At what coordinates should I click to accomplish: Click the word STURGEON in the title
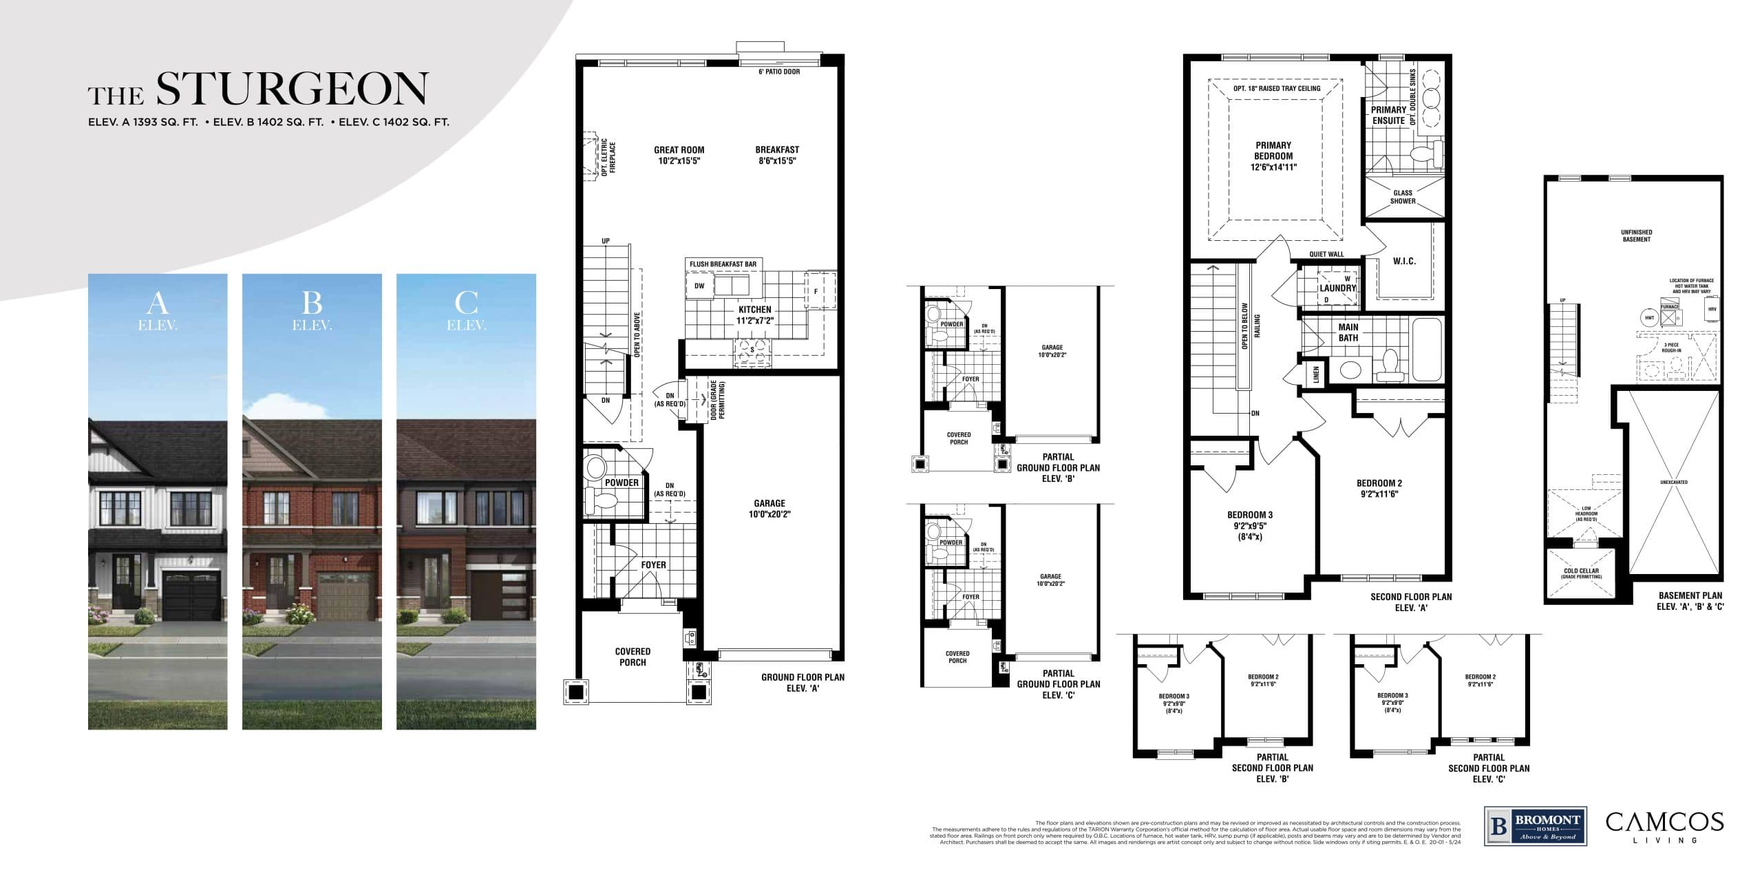292,90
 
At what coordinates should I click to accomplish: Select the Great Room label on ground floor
679,155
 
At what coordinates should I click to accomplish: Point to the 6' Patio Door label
778,72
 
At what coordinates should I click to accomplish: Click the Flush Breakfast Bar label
723,264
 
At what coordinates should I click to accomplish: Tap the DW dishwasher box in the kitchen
699,286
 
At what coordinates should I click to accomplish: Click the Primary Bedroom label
1273,156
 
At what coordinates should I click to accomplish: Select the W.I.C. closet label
1404,261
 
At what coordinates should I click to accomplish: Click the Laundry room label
1337,288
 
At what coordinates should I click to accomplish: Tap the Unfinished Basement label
1636,235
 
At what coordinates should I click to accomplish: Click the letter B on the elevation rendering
312,302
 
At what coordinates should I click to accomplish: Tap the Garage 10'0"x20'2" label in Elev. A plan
769,508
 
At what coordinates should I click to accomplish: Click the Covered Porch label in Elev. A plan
632,657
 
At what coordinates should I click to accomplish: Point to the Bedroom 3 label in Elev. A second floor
1249,525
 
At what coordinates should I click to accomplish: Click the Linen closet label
1316,374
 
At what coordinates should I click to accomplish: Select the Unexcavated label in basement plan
1673,482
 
